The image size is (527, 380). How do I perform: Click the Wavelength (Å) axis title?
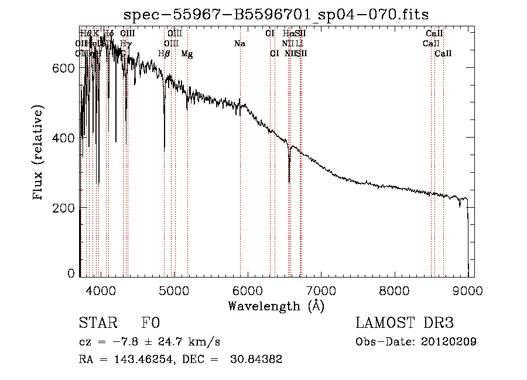click(276, 306)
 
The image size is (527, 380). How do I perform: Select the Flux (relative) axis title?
click(39, 153)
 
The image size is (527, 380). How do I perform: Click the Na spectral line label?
click(239, 44)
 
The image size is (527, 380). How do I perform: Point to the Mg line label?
click(187, 54)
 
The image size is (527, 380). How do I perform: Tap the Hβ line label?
click(164, 54)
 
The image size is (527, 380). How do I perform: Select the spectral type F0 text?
click(150, 323)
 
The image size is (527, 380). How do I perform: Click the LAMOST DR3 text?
click(405, 323)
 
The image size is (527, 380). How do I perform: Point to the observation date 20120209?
click(447, 342)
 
